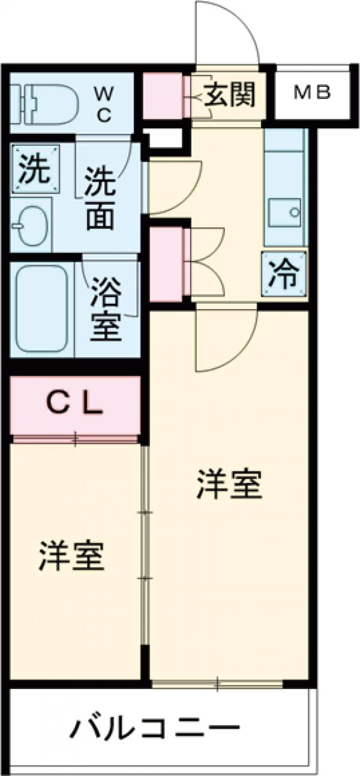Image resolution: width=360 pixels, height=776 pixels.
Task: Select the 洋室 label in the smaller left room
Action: pos(72,556)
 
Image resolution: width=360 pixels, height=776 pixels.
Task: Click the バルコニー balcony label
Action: pos(155,731)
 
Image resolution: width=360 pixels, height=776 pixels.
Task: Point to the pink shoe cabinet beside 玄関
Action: pos(163,95)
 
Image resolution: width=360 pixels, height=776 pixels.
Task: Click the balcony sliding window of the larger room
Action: pos(217,682)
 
